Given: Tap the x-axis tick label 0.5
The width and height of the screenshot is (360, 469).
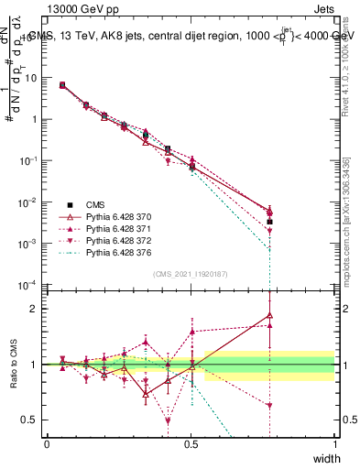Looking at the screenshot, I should tap(191, 443).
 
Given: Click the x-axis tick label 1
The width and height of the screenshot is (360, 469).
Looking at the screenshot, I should tap(335, 443).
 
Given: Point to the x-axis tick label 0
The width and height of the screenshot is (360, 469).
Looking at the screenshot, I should tap(47, 443).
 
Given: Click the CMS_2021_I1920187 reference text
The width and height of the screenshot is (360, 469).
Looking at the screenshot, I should tap(191, 273).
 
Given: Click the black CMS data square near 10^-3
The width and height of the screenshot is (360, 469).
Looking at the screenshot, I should tap(269, 222).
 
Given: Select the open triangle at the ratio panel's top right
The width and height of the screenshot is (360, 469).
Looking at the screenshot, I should tap(269, 315).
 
